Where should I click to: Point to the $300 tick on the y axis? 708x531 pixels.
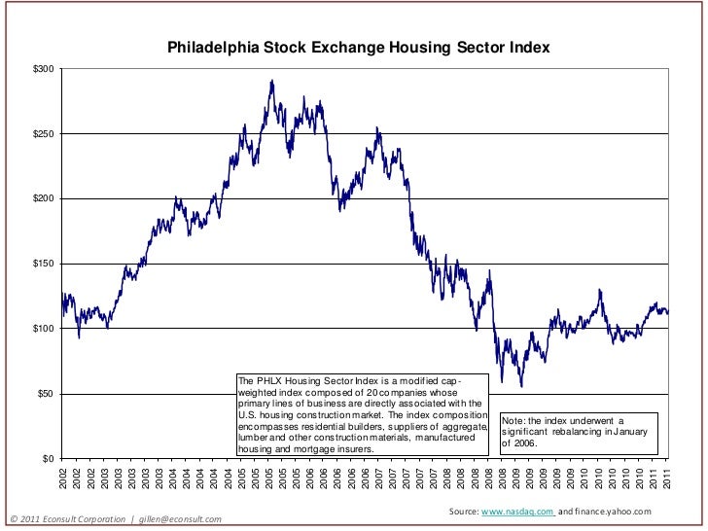[43, 69]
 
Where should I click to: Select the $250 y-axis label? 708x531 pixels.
[43, 134]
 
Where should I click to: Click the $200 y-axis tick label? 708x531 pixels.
[43, 198]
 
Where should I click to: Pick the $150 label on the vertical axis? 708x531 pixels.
[43, 264]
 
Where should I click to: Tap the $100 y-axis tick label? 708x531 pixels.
[43, 329]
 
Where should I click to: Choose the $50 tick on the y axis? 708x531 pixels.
[45, 394]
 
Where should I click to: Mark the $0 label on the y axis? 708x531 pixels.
[48, 458]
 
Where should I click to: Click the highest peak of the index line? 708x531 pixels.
[271, 81]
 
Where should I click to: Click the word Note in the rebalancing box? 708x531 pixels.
[513, 420]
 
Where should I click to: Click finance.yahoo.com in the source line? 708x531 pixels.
[612, 512]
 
